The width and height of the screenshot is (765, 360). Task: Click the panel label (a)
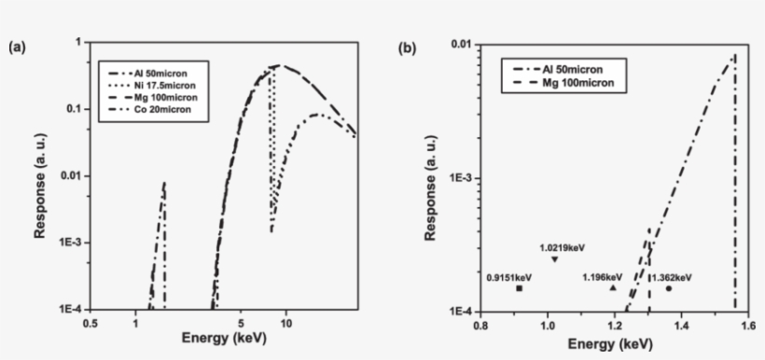click(17, 46)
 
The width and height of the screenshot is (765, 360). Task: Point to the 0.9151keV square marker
click(520, 289)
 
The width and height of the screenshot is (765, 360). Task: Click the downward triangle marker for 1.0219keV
click(554, 258)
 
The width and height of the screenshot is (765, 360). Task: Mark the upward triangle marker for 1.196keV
click(613, 288)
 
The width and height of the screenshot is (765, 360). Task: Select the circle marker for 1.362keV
click(669, 288)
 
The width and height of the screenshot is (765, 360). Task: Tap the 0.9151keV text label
click(509, 277)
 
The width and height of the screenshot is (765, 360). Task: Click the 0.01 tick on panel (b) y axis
click(458, 43)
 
